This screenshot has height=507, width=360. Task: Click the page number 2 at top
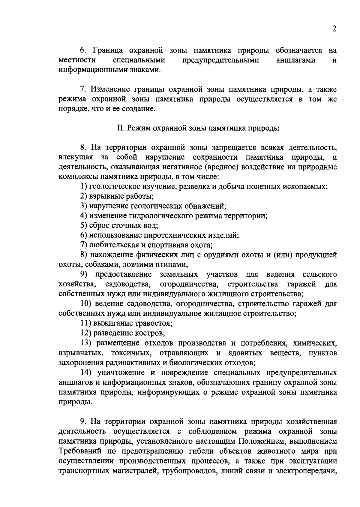click(x=334, y=29)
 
